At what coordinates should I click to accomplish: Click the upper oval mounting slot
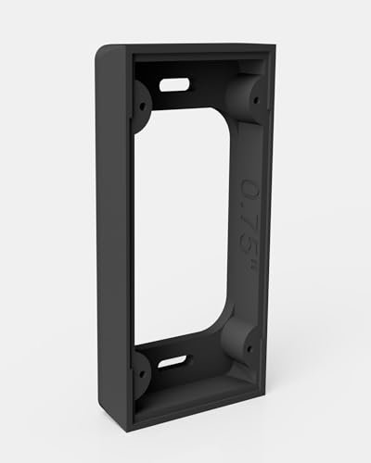pyautogui.click(x=173, y=85)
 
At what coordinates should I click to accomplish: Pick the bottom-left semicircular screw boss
pyautogui.click(x=141, y=370)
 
